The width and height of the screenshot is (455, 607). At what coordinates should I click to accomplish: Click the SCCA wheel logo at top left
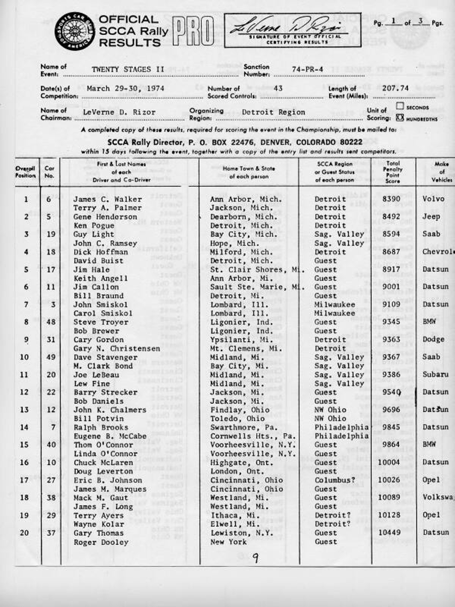click(x=75, y=30)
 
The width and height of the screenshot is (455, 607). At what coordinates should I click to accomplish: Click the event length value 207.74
click(x=395, y=88)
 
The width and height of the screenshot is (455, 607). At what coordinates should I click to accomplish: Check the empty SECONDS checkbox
click(x=400, y=107)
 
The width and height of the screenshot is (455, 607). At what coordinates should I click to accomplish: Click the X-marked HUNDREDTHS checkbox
click(x=400, y=117)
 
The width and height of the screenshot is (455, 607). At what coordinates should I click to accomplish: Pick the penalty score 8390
click(x=393, y=199)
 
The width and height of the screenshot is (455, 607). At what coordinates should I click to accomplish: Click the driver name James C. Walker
click(x=107, y=199)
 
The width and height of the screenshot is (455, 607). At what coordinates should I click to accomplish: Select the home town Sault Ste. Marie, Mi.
click(x=257, y=287)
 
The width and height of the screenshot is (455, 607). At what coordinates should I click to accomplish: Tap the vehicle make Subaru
click(x=436, y=375)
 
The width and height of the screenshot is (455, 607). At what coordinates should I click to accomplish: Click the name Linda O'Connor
click(x=105, y=454)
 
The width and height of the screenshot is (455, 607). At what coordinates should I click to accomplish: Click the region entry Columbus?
click(x=333, y=480)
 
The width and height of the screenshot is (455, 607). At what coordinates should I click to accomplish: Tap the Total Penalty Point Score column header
click(x=393, y=172)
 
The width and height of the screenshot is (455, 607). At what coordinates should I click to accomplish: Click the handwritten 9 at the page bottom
click(x=256, y=558)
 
